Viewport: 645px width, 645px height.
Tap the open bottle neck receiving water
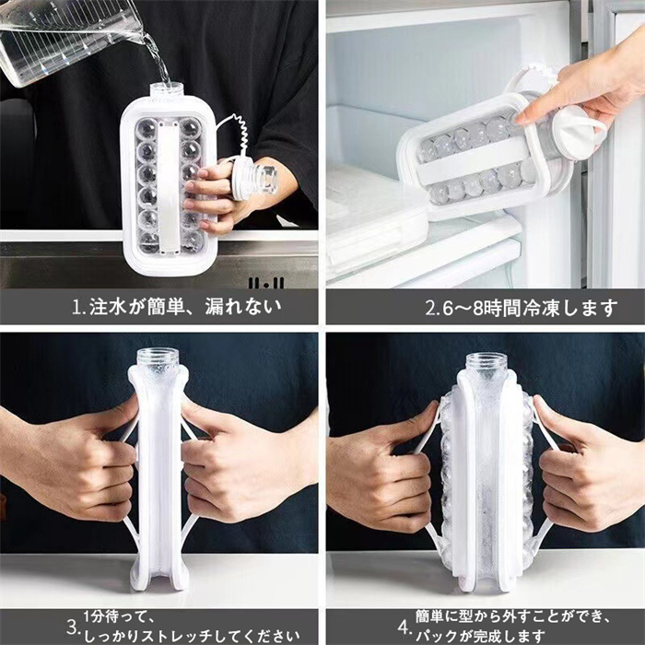click(x=167, y=91)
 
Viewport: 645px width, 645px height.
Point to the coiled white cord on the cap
click(x=238, y=133)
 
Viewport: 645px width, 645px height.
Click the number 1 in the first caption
click(x=76, y=307)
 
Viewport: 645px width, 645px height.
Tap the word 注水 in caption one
click(x=108, y=307)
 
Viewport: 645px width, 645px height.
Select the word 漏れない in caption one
click(x=243, y=307)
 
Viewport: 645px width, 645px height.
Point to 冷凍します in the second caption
click(x=570, y=308)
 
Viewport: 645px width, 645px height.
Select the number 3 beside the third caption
click(x=73, y=627)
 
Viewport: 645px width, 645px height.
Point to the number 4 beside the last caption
click(x=404, y=627)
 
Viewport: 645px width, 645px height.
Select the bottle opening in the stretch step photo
click(x=158, y=358)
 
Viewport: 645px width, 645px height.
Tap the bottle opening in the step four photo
click(x=487, y=361)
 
